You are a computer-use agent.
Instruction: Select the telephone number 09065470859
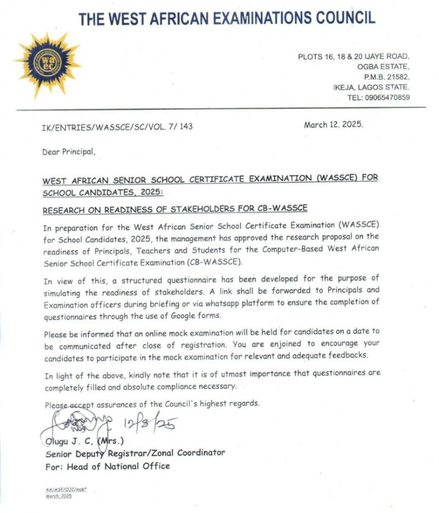(379, 97)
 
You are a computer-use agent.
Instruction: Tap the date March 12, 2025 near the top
(333, 124)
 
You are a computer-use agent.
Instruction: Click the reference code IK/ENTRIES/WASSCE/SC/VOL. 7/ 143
(118, 127)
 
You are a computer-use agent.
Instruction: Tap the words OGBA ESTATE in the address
(385, 66)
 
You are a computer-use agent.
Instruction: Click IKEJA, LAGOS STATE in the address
(371, 87)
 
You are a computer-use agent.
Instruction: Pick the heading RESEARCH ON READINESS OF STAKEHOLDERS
(175, 209)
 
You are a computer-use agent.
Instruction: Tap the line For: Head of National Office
(107, 466)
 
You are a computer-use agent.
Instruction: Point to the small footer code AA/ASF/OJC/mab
(66, 490)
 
